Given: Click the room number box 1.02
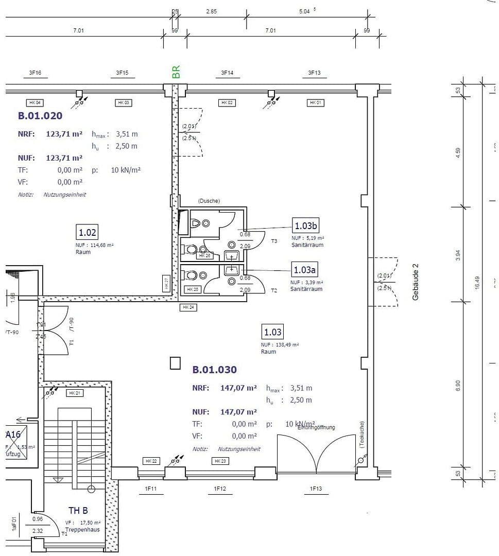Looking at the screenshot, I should (87, 233).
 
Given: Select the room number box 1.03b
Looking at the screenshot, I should (306, 225).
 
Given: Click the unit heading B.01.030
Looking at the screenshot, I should (214, 370).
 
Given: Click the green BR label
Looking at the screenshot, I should (176, 72).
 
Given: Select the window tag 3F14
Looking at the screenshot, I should (227, 73).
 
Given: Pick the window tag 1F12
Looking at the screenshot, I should (220, 489).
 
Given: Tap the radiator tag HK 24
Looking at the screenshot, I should (187, 307).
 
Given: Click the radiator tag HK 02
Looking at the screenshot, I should (227, 103).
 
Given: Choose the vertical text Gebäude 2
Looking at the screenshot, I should (416, 282).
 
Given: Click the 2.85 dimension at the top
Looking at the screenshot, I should (211, 11).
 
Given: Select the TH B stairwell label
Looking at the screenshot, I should (78, 511).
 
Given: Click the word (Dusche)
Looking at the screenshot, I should (209, 201).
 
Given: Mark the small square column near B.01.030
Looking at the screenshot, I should (176, 363).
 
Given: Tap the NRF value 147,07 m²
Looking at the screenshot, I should (238, 388).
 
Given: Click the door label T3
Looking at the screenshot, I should (274, 241).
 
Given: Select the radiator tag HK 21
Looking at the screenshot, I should (74, 393).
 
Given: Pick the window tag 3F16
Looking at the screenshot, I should (35, 73).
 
